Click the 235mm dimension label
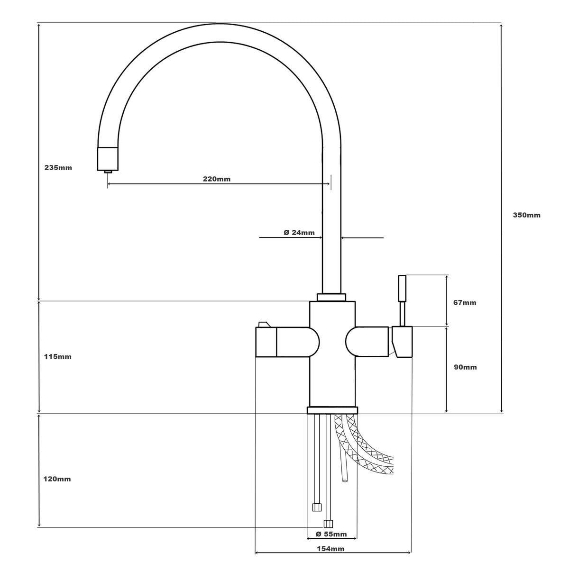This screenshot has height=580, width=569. [58, 168]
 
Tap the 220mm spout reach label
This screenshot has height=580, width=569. [217, 179]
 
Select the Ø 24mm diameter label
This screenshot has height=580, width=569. [299, 232]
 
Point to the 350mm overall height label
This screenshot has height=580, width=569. [526, 215]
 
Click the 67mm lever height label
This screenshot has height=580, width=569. [465, 302]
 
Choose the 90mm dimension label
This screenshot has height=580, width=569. [465, 367]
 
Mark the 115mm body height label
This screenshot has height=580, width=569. [57, 357]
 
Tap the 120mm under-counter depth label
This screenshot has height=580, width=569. [57, 479]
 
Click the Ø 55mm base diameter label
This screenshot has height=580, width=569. [331, 534]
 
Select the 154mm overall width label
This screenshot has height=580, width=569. [330, 549]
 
